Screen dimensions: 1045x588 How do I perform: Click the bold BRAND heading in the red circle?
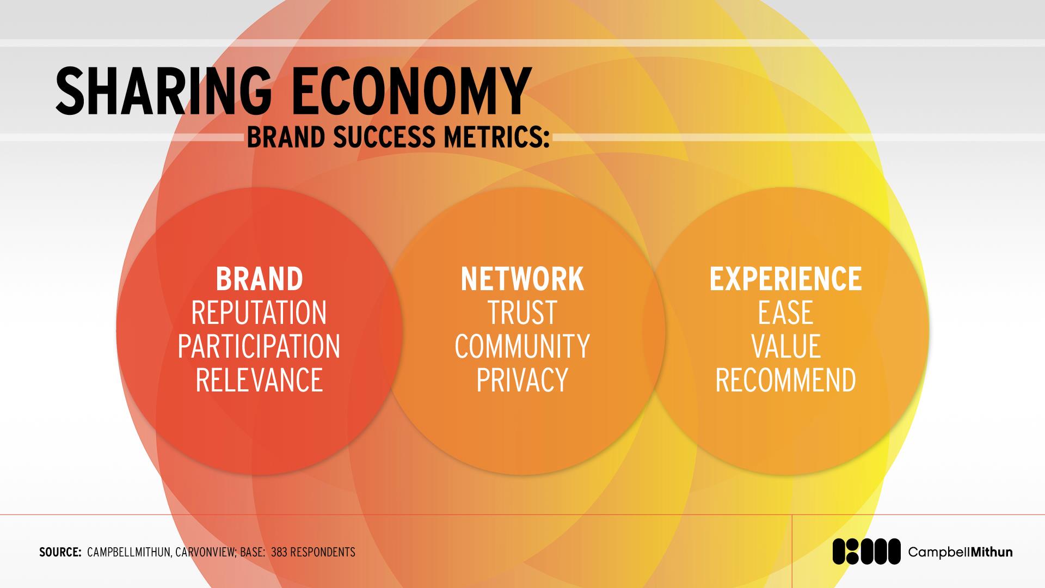tap(259, 279)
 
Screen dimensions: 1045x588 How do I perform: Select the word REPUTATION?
tap(259, 313)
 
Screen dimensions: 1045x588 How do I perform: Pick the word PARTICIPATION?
tap(259, 346)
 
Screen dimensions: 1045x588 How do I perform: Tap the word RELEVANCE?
tap(259, 380)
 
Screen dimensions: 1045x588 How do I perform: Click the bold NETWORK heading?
tap(522, 279)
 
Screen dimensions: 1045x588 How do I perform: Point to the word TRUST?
tap(522, 313)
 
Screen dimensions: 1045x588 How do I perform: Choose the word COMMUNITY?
tap(522, 346)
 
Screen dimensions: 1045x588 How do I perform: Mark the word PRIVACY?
tap(522, 380)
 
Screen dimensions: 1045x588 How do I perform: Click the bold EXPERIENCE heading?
tap(785, 279)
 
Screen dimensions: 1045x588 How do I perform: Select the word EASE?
tap(785, 313)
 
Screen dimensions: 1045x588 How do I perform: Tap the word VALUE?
tap(785, 346)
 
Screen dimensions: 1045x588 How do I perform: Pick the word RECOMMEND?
tap(785, 380)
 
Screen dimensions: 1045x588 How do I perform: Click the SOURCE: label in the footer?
tap(60, 552)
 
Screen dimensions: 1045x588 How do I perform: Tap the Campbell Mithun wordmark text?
tap(961, 552)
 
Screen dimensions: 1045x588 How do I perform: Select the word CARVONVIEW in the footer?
tap(206, 552)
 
